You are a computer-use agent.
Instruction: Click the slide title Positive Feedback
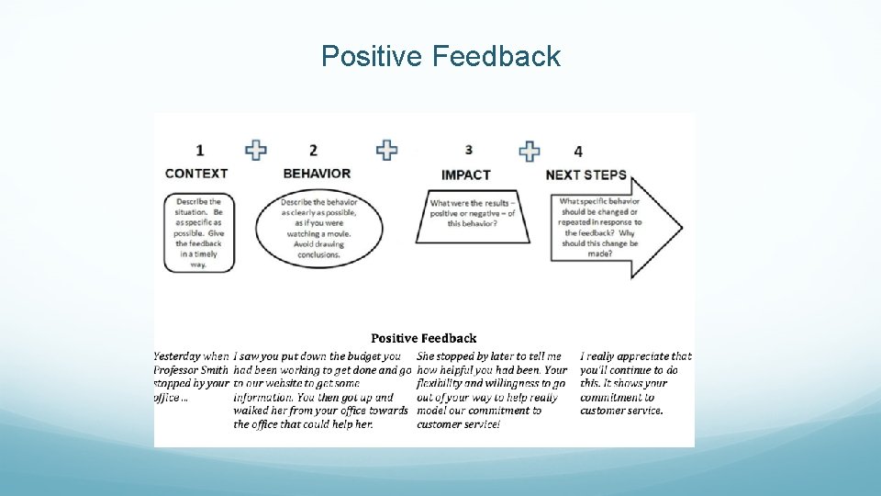(440, 57)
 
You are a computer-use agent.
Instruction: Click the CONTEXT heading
(196, 173)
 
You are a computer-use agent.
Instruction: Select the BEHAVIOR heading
(317, 173)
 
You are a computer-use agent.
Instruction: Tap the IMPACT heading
(465, 175)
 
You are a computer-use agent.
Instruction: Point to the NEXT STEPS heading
(585, 175)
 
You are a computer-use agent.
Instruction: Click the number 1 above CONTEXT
(200, 150)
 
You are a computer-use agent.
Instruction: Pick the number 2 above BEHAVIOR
(313, 150)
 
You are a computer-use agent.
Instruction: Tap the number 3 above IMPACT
(469, 149)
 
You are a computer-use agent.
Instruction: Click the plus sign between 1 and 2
(256, 150)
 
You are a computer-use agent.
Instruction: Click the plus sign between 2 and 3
(387, 150)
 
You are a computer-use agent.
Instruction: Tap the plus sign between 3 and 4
(530, 151)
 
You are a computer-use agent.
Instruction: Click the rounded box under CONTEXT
(199, 232)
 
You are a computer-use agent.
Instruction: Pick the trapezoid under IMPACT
(473, 216)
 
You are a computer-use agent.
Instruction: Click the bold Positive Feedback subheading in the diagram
(423, 338)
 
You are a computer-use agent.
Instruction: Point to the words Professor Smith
(190, 370)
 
